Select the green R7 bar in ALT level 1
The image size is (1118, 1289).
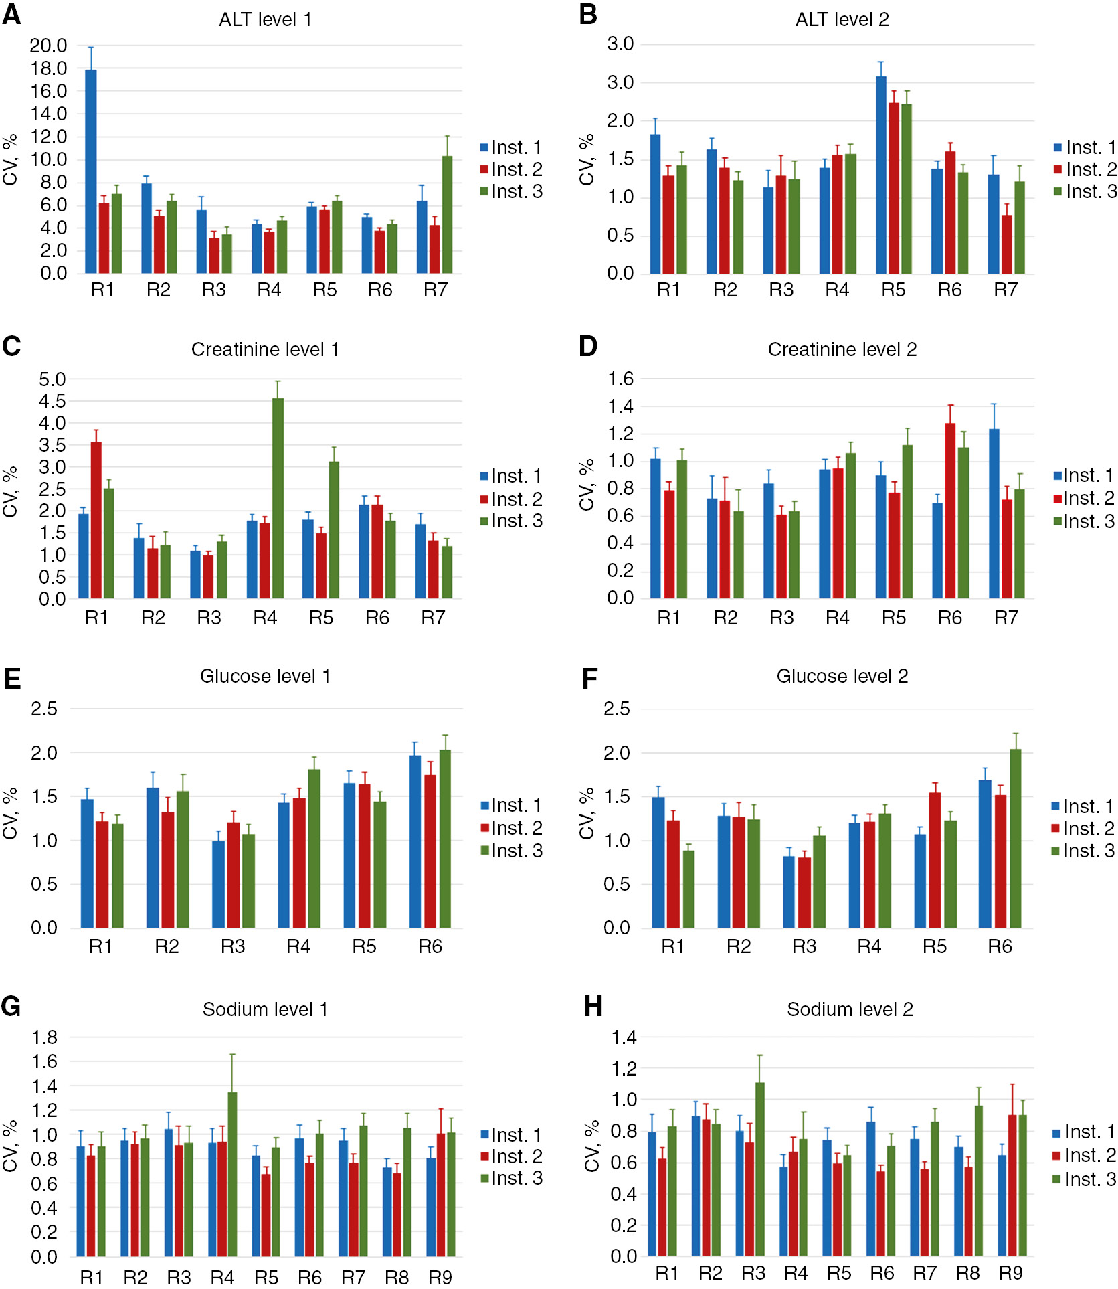pos(447,214)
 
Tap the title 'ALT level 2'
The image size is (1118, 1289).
pos(842,20)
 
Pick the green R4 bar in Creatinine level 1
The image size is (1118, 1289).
pos(278,499)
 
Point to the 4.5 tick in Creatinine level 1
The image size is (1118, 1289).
pos(52,401)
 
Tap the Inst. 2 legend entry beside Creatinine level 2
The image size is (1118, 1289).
pos(1083,499)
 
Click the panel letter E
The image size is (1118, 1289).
pos(12,679)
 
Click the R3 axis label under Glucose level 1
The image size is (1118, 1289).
pos(233,946)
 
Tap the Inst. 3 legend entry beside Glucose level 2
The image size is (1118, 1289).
pos(1083,851)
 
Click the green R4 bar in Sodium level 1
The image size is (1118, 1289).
pos(232,1175)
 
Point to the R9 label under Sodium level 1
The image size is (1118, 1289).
pos(440,1278)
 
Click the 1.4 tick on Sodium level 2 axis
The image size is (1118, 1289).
pos(623,1038)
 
